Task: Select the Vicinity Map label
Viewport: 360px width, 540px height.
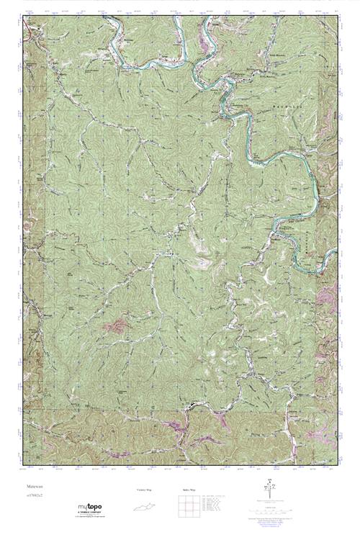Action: pos(144,490)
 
